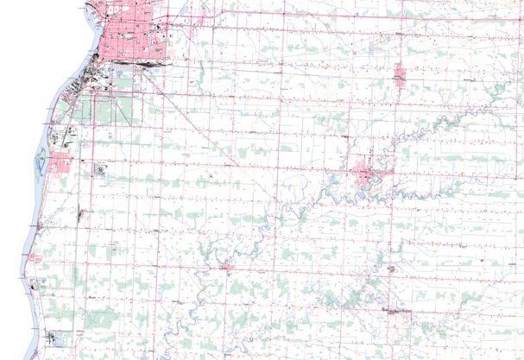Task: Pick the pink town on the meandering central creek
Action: click(x=367, y=178)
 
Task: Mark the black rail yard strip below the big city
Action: click(x=142, y=62)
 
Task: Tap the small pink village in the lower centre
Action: click(x=227, y=268)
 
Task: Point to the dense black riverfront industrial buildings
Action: click(x=86, y=82)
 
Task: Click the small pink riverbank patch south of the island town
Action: click(x=35, y=256)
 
